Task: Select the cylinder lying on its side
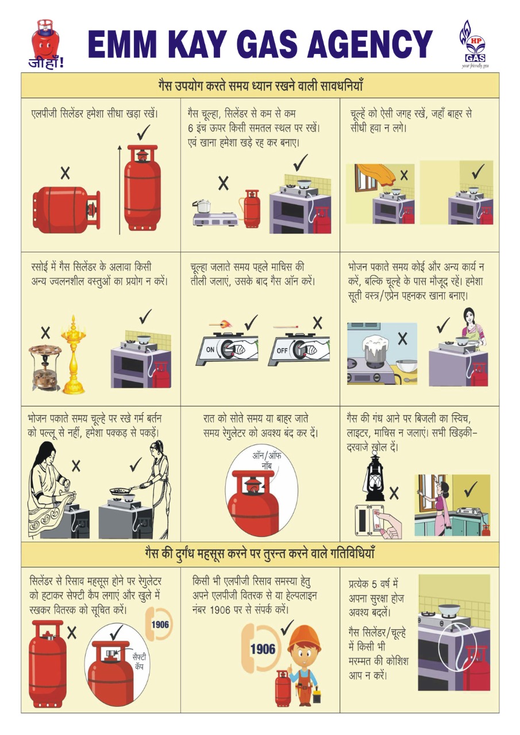pos(66,210)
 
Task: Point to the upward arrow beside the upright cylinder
pos(120,189)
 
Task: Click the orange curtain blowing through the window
pos(377,174)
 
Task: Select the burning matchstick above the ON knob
pos(221,324)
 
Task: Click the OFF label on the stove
pos(282,350)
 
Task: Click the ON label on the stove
pos(210,350)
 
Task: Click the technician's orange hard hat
pos(304,637)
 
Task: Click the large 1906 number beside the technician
pos(263,649)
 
